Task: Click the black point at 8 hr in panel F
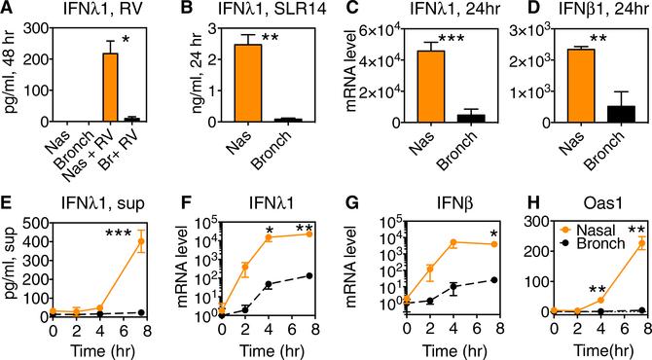click(310, 276)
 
